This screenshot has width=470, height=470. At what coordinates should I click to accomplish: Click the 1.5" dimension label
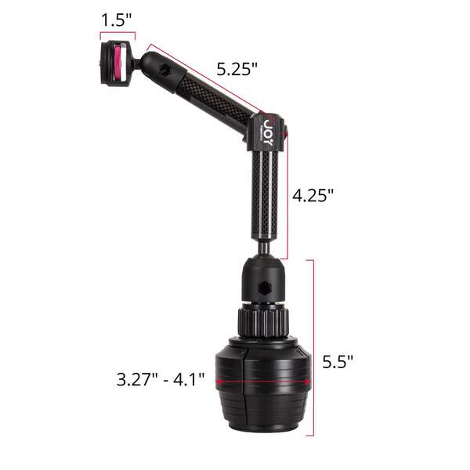pyautogui.click(x=116, y=20)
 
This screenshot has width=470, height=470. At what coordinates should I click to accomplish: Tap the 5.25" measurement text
pyautogui.click(x=237, y=70)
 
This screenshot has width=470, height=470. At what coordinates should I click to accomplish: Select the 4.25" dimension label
pyautogui.click(x=313, y=196)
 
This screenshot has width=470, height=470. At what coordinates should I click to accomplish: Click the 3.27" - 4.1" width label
pyautogui.click(x=161, y=379)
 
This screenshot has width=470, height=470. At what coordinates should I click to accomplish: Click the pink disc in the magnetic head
pyautogui.click(x=119, y=64)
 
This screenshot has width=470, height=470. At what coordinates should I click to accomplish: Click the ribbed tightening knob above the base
pyautogui.click(x=263, y=323)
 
